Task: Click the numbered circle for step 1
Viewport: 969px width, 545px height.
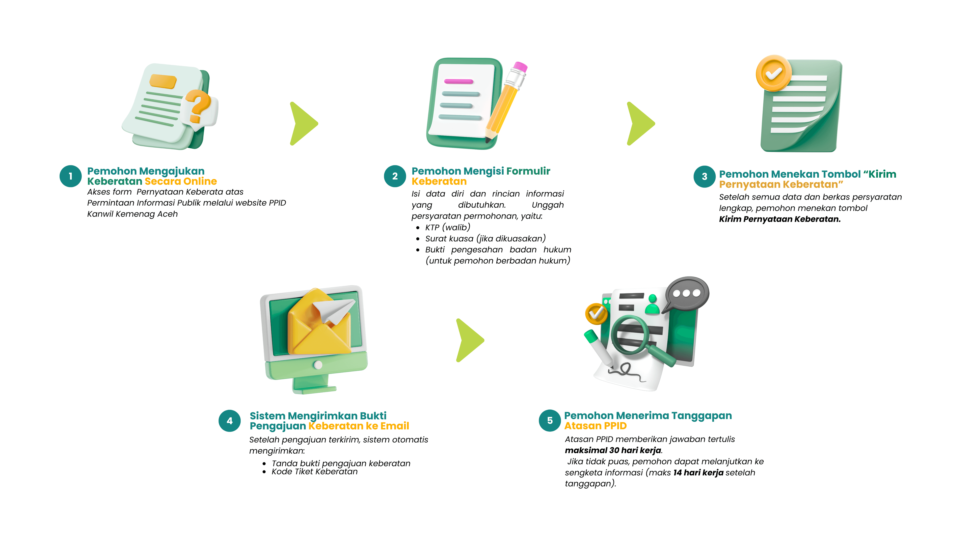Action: [x=70, y=176]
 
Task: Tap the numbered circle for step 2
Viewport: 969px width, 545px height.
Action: [x=395, y=176]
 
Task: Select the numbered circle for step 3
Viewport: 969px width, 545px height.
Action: [x=704, y=176]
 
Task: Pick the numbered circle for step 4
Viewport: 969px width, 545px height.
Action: [x=229, y=421]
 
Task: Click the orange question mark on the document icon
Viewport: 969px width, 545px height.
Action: [x=198, y=106]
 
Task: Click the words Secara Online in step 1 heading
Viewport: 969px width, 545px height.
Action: [x=181, y=181]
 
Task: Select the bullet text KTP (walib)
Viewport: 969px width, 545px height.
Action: [x=448, y=227]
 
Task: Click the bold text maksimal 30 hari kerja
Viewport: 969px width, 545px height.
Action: [x=613, y=450]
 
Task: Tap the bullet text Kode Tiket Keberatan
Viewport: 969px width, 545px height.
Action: [x=314, y=472]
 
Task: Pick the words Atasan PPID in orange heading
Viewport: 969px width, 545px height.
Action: [x=596, y=426]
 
